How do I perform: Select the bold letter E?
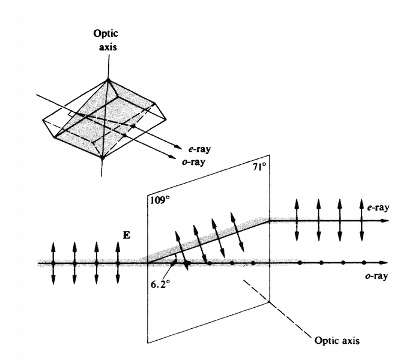tap(127, 235)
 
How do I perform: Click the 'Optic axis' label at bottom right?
tap(338, 341)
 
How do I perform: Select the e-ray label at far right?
tap(378, 207)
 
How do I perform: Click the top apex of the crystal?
tap(109, 79)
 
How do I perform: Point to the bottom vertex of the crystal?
tap(103, 158)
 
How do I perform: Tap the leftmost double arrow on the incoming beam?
tap(53, 262)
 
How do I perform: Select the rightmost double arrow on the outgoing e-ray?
tap(361, 220)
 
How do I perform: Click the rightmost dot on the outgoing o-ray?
tap(365, 263)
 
